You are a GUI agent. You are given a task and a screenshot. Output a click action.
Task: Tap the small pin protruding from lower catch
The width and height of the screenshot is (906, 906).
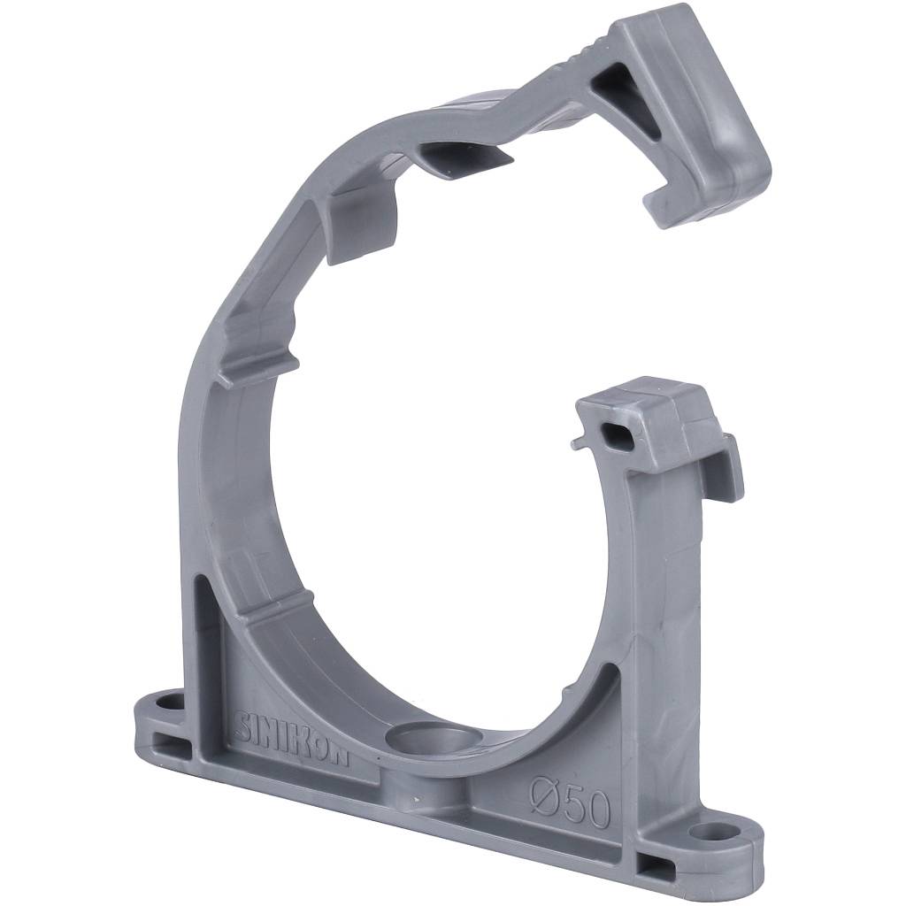coord(576,443)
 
